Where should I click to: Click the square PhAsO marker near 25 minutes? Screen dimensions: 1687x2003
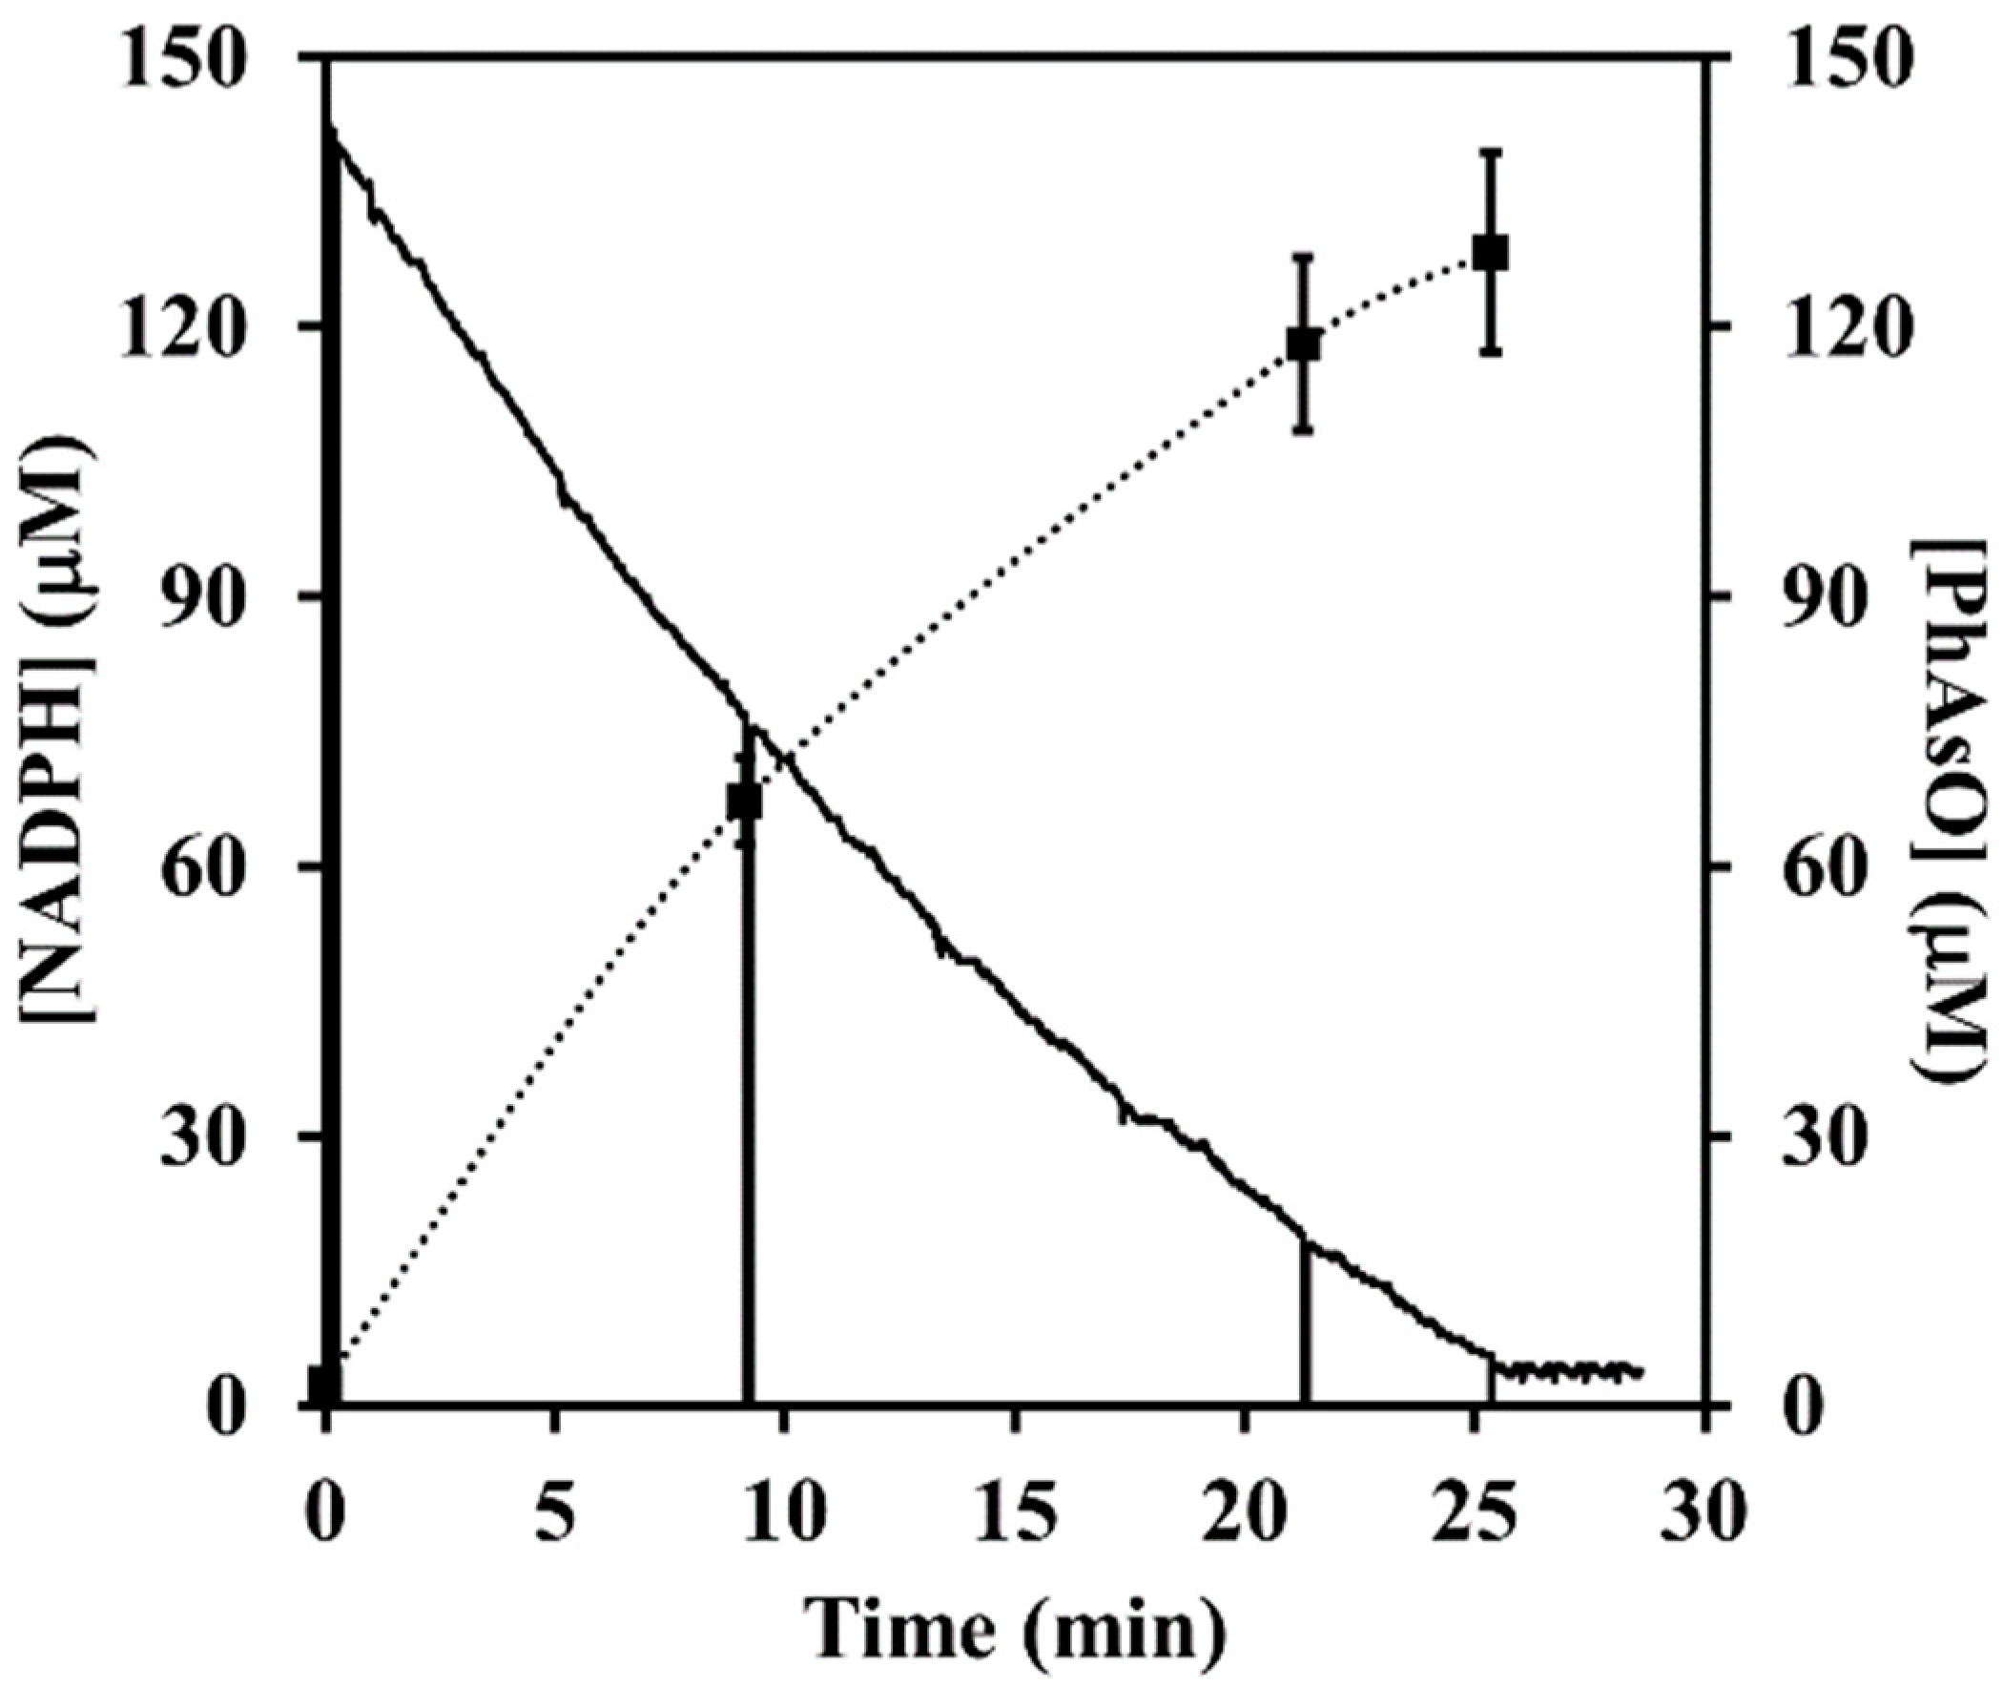pos(1490,255)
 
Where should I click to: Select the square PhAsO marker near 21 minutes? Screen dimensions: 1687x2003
pos(1304,344)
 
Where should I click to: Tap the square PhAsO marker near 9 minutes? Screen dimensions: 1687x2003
pos(744,802)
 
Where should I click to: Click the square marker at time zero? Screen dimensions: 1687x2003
pos(325,1385)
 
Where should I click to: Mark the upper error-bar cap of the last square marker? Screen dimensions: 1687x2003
pos(1490,151)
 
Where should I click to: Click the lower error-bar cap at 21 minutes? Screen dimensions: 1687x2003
pos(1304,431)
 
